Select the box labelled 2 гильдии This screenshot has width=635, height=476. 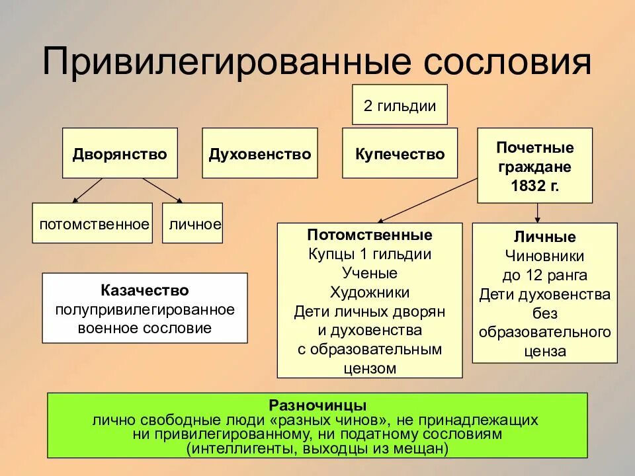[400, 105]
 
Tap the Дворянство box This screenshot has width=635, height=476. [120, 154]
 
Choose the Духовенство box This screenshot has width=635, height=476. [259, 154]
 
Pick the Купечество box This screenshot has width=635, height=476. [400, 154]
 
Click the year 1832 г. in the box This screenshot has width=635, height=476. [534, 186]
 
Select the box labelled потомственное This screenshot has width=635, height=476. [93, 224]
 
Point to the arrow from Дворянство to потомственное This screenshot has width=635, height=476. [87, 190]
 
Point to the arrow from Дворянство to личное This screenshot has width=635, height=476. [162, 190]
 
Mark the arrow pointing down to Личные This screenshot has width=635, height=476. [537, 212]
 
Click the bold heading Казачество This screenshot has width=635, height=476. [145, 290]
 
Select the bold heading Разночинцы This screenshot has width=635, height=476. [317, 404]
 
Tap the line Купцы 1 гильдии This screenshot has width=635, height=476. [369, 254]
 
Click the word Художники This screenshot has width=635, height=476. [369, 292]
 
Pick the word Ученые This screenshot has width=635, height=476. [369, 273]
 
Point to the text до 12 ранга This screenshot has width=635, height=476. [544, 275]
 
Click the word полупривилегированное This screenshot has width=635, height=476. [145, 309]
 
